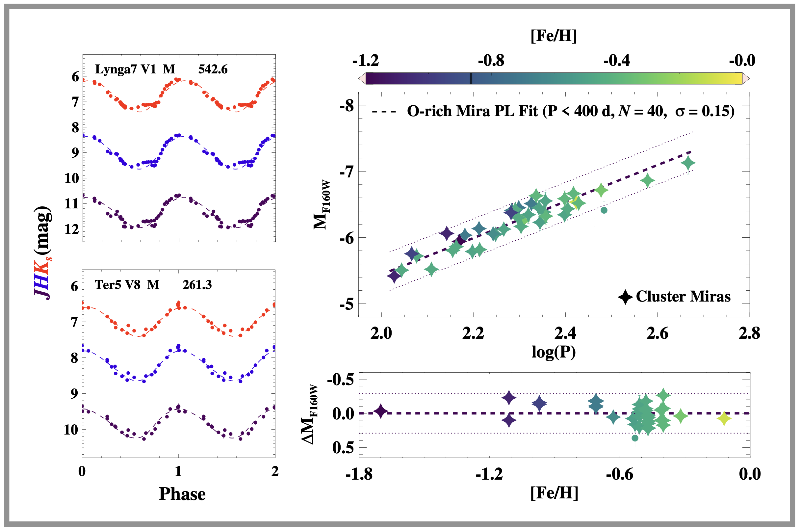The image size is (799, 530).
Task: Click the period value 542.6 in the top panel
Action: (213, 69)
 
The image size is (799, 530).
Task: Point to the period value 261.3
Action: (197, 285)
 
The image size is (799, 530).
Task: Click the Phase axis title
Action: (182, 494)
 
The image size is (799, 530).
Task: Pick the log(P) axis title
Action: (554, 352)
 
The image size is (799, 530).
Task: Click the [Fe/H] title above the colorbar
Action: (554, 36)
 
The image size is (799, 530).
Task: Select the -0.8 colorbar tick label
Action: (491, 61)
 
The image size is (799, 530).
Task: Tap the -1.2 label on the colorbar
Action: (365, 61)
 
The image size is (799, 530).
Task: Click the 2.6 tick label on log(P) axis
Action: (657, 333)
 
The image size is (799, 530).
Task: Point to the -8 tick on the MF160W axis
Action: (347, 106)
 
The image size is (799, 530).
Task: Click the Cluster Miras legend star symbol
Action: (625, 297)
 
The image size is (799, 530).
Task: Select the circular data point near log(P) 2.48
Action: (604, 210)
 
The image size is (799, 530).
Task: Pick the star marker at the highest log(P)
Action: (688, 163)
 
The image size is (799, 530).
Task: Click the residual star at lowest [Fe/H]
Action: (381, 411)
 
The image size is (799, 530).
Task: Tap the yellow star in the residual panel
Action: (724, 418)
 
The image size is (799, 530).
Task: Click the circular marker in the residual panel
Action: (635, 438)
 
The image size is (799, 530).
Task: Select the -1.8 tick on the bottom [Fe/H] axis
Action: (359, 474)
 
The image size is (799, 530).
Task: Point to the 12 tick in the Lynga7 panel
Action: (72, 229)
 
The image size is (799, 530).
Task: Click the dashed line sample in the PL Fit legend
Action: (384, 112)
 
